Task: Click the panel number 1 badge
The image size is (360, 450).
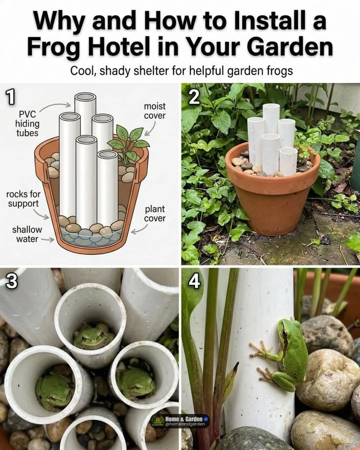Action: (x=10, y=97)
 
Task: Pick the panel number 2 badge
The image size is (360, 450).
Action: (x=194, y=97)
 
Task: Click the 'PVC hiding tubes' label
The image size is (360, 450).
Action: (x=27, y=123)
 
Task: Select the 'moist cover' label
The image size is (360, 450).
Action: (x=155, y=111)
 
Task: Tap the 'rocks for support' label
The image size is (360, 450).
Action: (x=23, y=199)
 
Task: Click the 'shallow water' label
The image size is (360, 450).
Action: (x=27, y=234)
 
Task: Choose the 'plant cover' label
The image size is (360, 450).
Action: (x=155, y=214)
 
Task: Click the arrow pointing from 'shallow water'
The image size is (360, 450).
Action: (x=47, y=239)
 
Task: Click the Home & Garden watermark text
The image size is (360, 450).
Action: (x=184, y=419)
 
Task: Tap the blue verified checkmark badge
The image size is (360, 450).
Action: (x=205, y=419)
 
